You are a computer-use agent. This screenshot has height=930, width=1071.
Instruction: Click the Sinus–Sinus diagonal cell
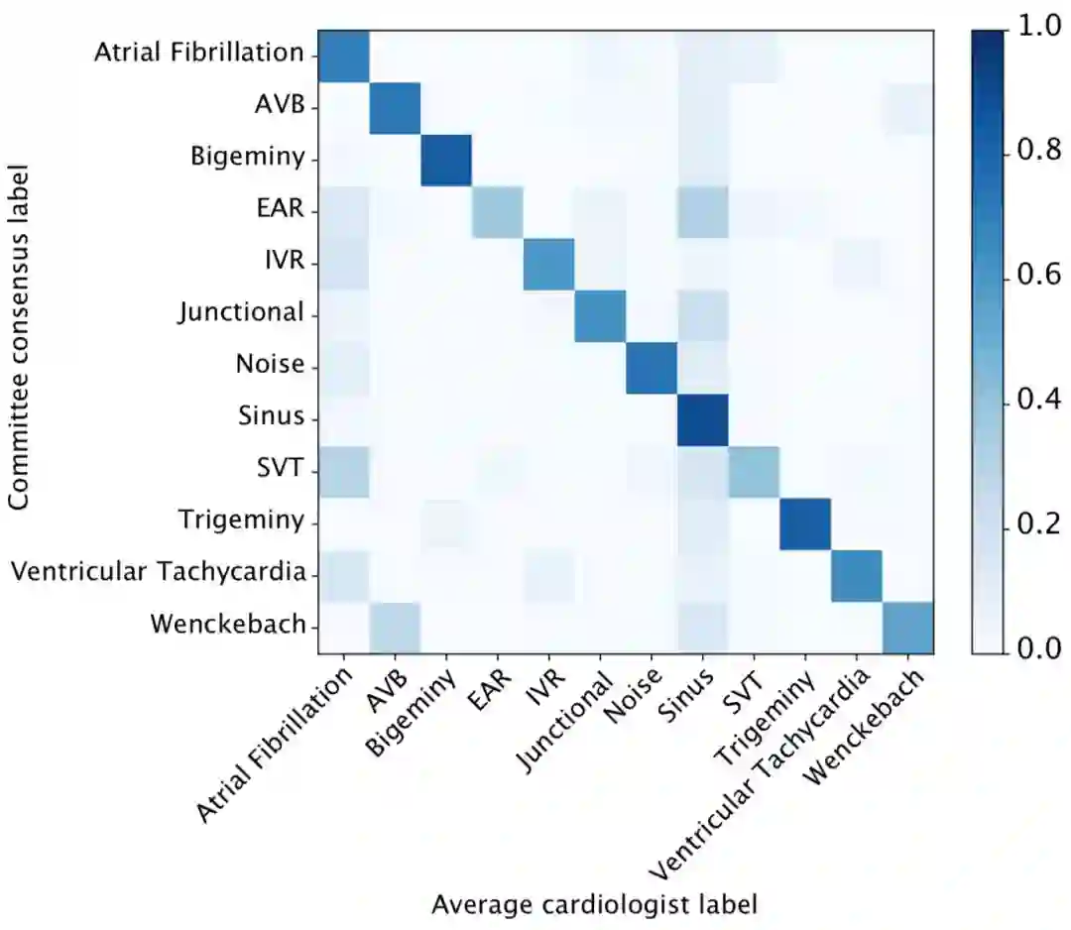702,419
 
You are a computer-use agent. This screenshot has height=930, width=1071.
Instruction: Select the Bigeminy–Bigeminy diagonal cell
446,160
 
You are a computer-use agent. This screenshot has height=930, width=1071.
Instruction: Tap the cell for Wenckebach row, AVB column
395,627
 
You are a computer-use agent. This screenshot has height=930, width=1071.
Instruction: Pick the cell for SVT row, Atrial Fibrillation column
343,471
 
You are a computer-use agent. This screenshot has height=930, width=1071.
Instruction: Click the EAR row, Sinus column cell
702,211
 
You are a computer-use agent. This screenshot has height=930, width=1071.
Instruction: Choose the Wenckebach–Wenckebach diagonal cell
906,627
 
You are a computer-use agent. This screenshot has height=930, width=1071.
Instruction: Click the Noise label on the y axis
270,364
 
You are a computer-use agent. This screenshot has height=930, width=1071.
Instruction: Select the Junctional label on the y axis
241,312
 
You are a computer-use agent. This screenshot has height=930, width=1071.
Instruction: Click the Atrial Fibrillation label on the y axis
198,53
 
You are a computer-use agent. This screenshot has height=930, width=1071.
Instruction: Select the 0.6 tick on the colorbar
1032,277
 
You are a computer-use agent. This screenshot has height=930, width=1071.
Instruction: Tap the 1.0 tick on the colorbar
1032,31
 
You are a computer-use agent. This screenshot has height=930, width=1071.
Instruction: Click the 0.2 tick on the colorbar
1032,523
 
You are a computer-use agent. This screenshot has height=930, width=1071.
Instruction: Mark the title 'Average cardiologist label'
595,903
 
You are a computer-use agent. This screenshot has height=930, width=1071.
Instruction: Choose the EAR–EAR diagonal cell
497,211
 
